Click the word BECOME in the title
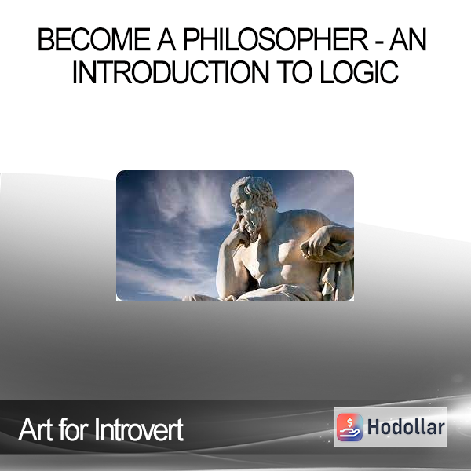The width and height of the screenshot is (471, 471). tap(93, 39)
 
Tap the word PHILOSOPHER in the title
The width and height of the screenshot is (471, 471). tap(276, 39)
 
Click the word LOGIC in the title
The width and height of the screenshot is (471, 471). tap(359, 72)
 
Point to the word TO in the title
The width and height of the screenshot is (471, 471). tap(294, 72)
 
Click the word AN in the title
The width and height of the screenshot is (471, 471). tap(408, 39)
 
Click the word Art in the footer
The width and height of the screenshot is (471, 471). tap(36, 429)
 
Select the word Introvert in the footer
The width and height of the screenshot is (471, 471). tap(139, 429)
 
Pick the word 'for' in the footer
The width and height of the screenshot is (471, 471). tap(75, 429)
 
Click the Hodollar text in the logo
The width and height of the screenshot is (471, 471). tap(406, 427)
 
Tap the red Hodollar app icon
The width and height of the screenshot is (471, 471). tap(349, 427)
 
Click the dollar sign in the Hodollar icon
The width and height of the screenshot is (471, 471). tap(349, 423)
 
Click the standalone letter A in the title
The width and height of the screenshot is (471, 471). tap(166, 39)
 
